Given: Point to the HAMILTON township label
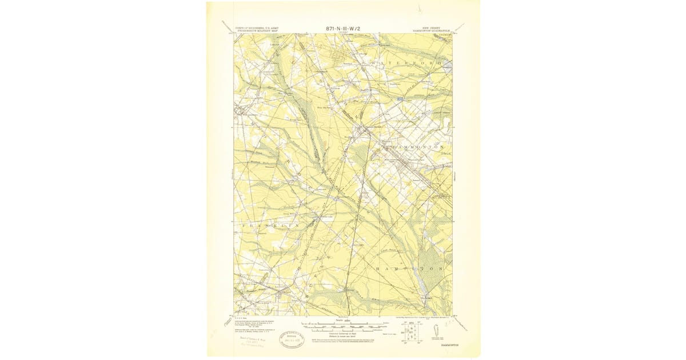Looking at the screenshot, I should (409, 267).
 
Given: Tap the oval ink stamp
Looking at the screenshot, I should (291, 341).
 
